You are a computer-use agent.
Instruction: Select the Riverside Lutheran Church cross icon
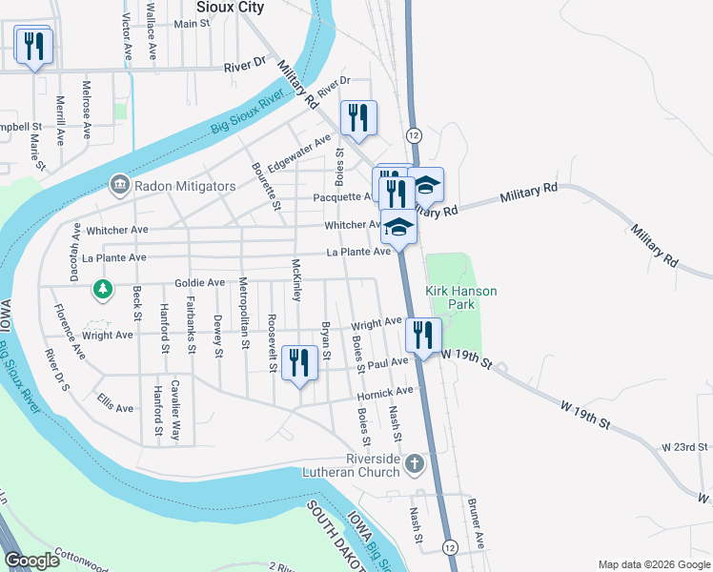click(x=414, y=464)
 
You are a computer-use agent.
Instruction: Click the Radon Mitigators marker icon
click(x=120, y=184)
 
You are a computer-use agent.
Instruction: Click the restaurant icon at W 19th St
click(x=423, y=335)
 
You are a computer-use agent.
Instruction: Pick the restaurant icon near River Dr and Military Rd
click(x=358, y=118)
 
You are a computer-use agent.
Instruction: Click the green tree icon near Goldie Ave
click(x=102, y=287)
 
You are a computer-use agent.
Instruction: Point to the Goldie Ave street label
click(x=199, y=283)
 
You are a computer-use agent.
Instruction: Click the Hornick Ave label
click(x=385, y=392)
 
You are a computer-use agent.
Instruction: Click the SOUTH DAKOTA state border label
click(x=330, y=539)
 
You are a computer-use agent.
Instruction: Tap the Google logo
click(x=32, y=561)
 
